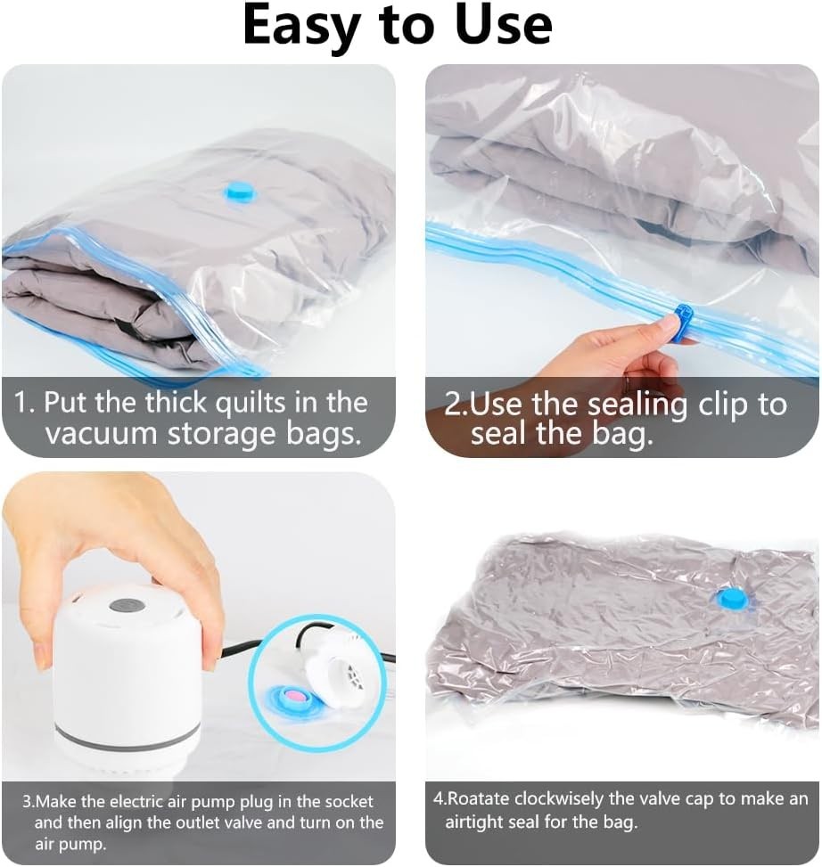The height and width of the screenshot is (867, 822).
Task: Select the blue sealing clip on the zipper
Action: [x=684, y=323]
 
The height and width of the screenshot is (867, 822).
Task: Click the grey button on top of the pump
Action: [x=127, y=605]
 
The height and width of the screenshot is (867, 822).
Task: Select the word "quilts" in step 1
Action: [x=250, y=402]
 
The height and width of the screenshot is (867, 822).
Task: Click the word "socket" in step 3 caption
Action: [x=346, y=802]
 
